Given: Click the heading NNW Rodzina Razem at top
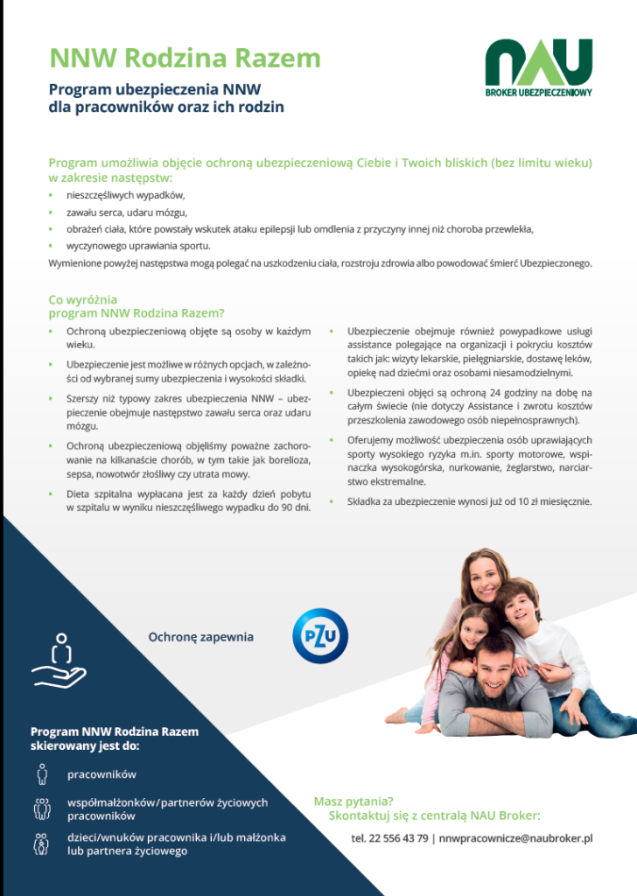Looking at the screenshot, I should [185, 58].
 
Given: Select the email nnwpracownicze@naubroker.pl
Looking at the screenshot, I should [516, 837].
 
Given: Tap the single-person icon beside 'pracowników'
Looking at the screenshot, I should [41, 773].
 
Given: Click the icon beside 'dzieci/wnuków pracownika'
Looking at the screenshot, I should [41, 843].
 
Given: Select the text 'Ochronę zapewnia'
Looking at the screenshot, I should [200, 636].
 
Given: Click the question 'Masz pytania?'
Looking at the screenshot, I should [353, 801].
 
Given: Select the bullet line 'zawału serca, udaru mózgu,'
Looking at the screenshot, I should [127, 212].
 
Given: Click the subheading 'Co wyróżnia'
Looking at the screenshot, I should [82, 299].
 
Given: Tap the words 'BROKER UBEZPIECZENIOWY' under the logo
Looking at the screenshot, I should [539, 92].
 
